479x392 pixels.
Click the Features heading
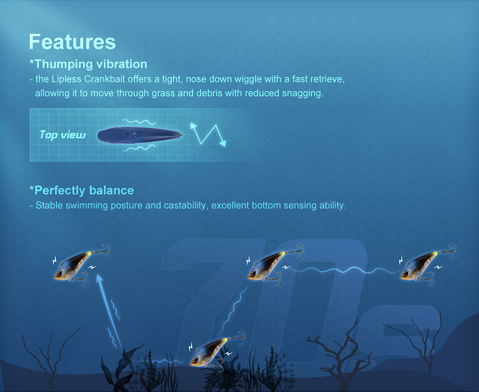(73, 42)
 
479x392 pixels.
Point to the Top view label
(63, 135)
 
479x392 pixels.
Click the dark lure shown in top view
(140, 135)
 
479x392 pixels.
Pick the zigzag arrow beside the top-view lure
(208, 134)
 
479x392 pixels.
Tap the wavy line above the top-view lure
(139, 122)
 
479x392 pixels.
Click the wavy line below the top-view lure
(139, 148)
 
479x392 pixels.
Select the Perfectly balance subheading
(82, 190)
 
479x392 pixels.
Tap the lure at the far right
(428, 265)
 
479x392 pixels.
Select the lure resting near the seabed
(217, 351)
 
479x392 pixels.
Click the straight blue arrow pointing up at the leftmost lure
(109, 311)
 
